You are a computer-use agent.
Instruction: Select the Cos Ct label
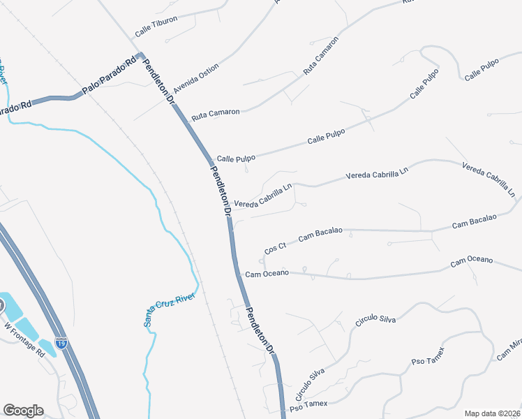click(x=276, y=248)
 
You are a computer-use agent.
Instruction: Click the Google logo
click(x=23, y=411)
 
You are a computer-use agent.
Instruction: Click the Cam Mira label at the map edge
click(x=509, y=350)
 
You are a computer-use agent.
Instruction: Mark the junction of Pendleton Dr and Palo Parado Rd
click(x=140, y=55)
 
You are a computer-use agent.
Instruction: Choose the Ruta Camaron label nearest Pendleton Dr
click(x=216, y=112)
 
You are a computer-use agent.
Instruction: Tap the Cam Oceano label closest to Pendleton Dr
click(x=267, y=273)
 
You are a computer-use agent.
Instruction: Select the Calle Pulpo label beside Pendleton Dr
click(x=233, y=159)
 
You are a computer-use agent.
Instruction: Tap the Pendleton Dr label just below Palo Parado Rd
click(x=158, y=82)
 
